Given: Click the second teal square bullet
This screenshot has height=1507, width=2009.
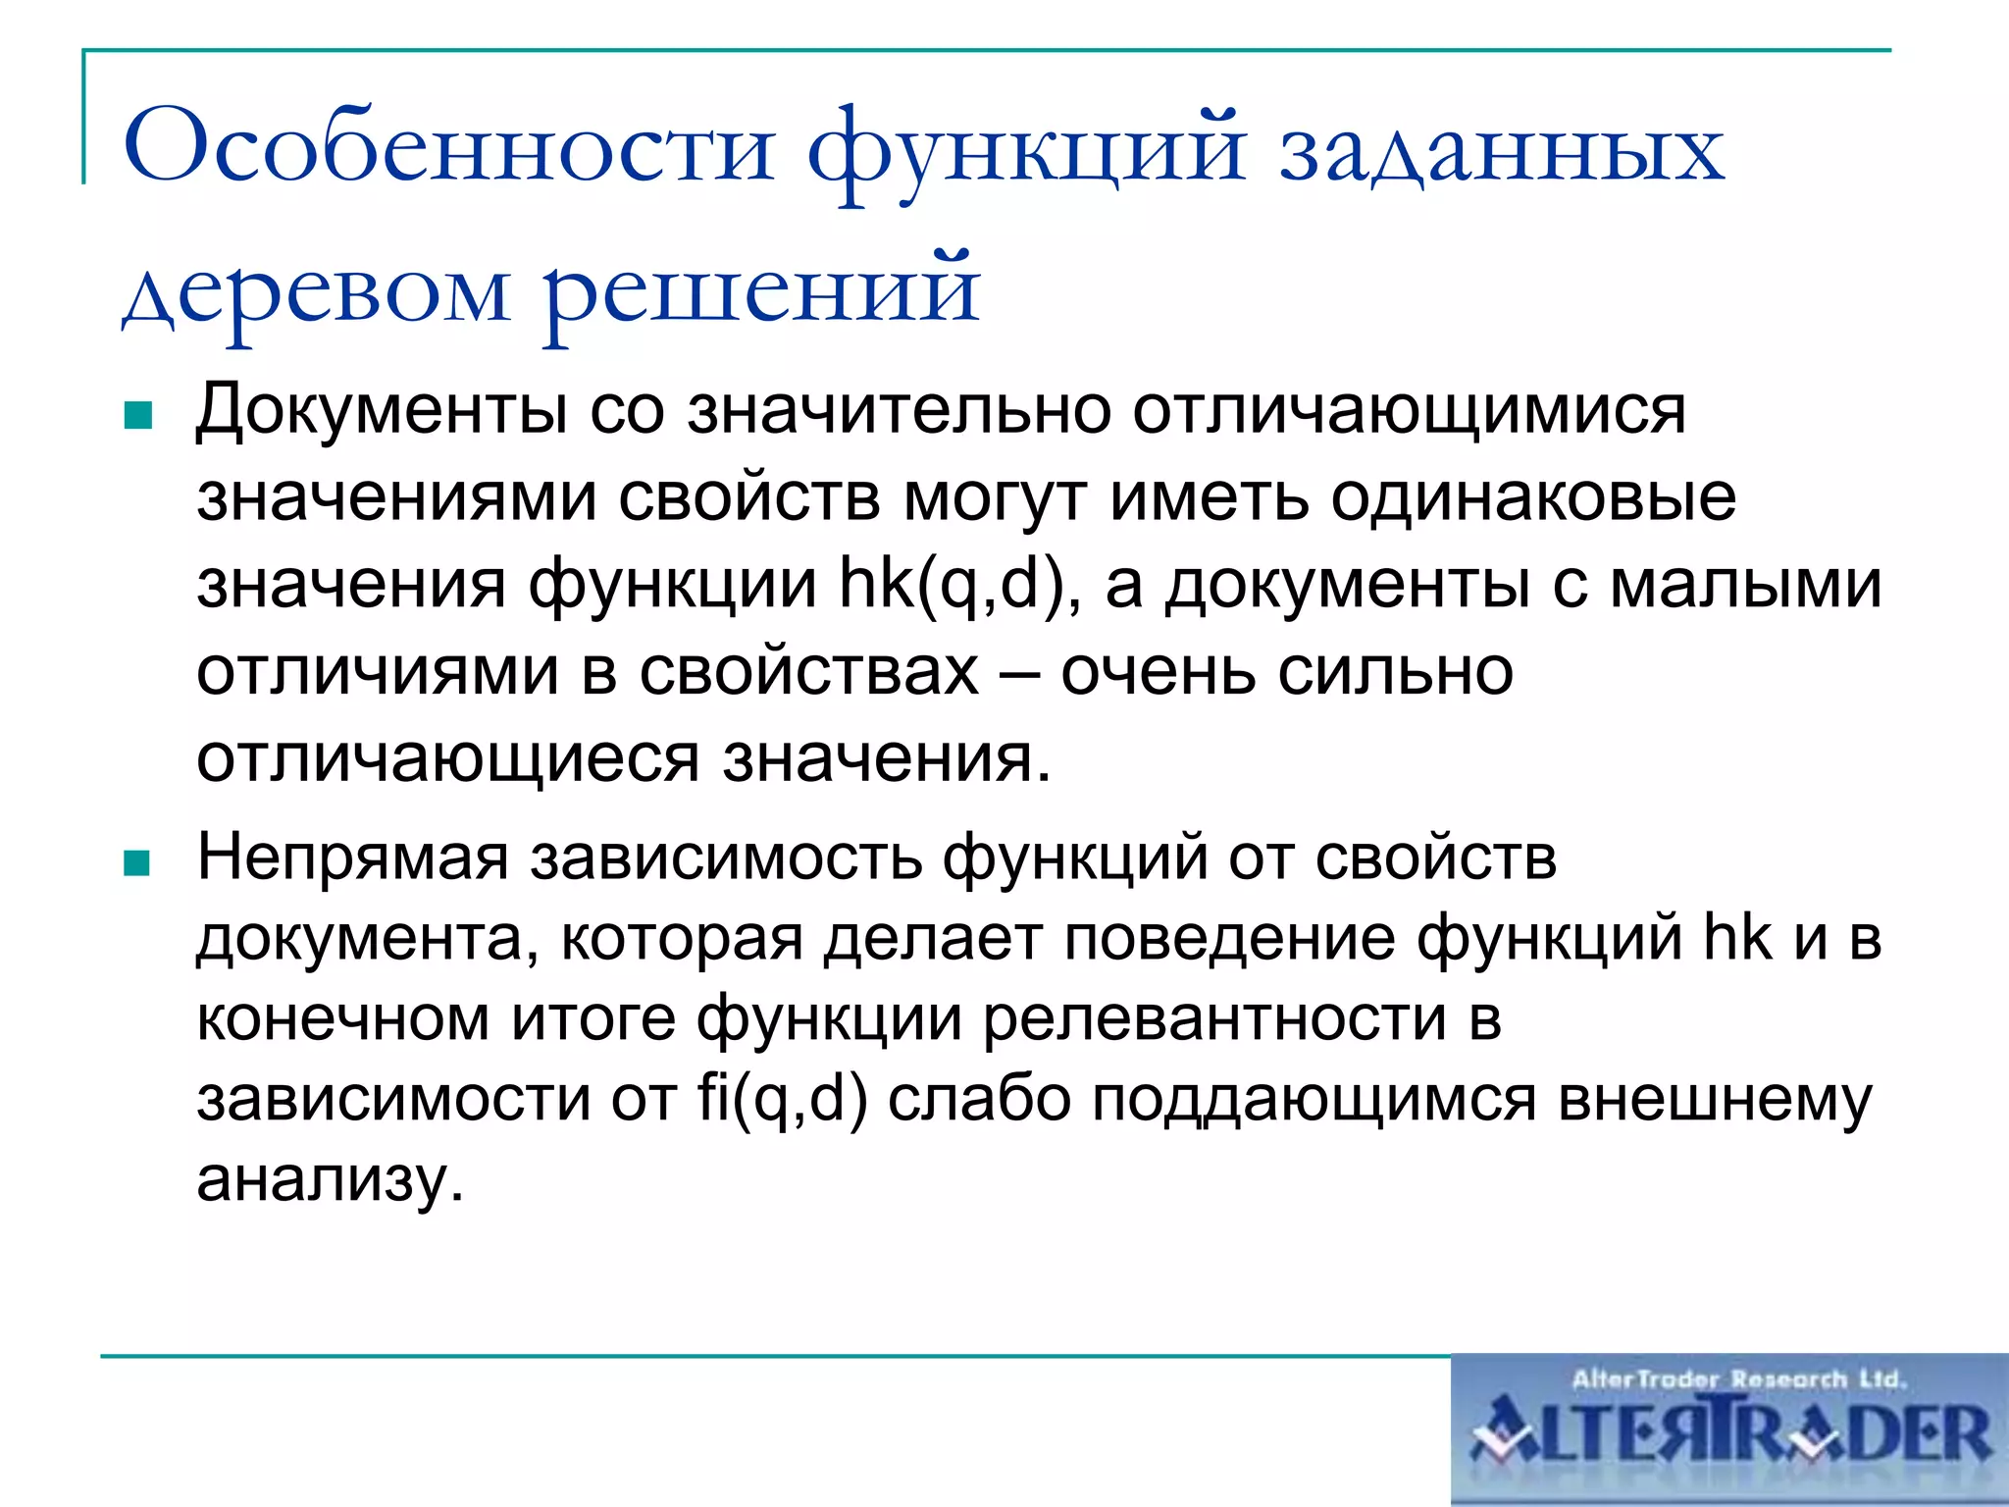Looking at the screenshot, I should point(137,863).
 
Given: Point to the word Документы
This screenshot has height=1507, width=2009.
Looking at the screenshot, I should point(381,409).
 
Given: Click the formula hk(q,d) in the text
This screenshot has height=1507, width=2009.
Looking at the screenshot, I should point(952,585).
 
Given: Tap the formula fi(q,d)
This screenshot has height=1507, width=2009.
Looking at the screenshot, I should point(783,1098).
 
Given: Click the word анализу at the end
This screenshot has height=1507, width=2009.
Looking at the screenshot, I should point(329,1179).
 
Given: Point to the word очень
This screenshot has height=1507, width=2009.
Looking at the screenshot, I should point(1158,672).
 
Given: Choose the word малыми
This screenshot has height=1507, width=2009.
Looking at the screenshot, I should point(1746,585).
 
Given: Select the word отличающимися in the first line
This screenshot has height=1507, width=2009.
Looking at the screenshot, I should point(1409,409).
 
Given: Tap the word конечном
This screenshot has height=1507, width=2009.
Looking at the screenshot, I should point(343,1017).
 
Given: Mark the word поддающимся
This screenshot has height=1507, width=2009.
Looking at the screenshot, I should point(1314,1098).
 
